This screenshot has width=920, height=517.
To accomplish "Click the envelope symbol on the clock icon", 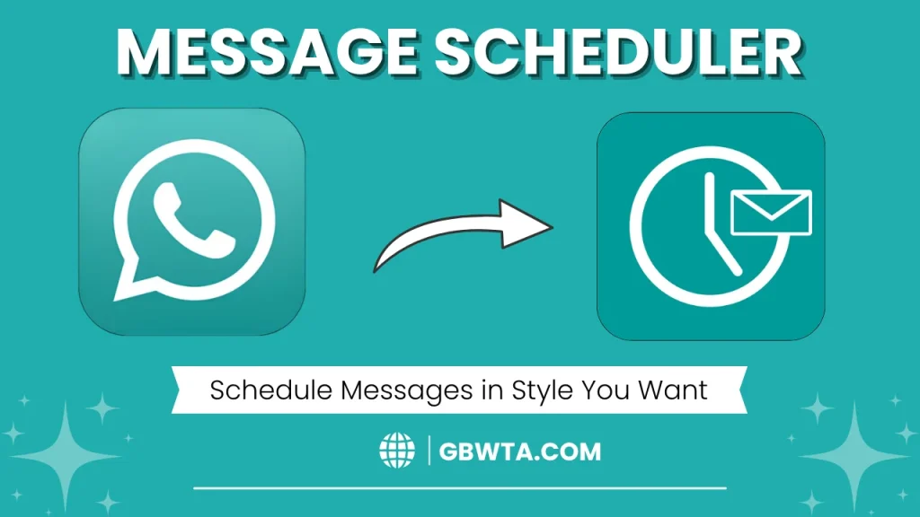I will pos(771,213).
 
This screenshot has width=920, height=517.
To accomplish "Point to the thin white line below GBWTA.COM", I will pos(459,489).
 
